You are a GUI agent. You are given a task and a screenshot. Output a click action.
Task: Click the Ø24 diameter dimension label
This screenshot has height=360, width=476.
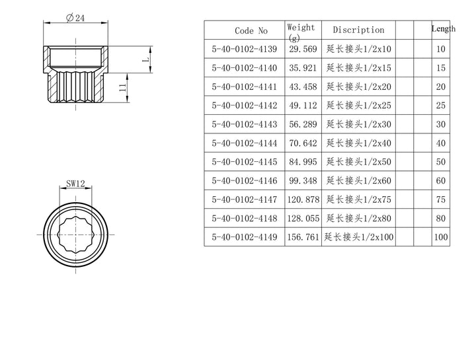point(75,18)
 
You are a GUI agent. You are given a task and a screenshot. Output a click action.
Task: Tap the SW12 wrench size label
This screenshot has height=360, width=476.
point(75,186)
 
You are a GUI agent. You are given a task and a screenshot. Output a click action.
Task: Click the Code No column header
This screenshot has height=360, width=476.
point(251,30)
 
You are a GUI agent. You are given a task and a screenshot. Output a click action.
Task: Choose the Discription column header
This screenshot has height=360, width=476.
point(358,30)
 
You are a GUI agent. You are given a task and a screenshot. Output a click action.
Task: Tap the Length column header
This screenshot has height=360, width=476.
point(443,29)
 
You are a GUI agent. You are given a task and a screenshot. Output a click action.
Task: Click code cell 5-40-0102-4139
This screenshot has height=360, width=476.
point(245,49)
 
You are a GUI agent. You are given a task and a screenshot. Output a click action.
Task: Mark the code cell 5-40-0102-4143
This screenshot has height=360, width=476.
point(245,124)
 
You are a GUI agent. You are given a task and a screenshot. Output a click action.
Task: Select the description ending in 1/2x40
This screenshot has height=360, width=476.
point(359,143)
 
